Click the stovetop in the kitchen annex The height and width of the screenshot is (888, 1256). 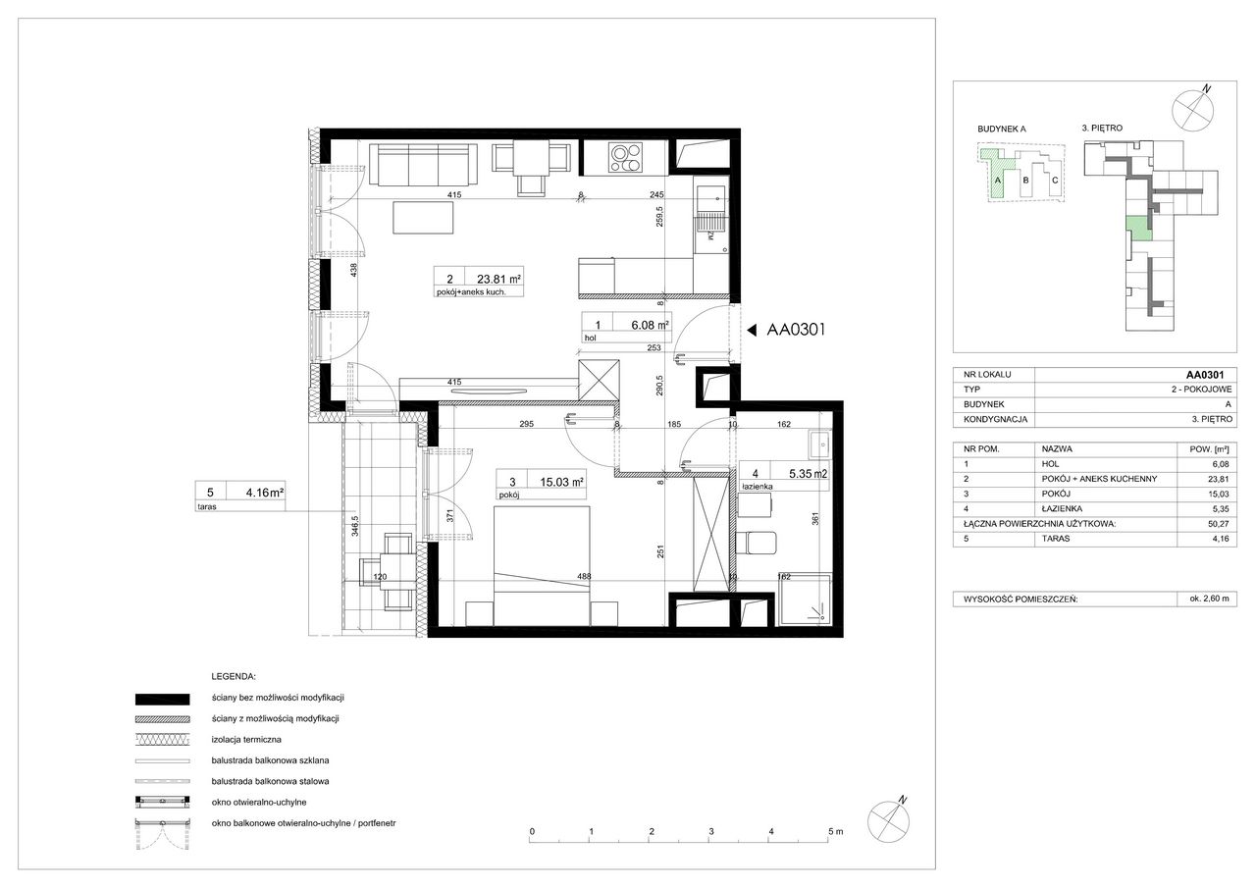[x=626, y=158]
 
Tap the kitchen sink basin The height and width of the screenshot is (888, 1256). [x=710, y=199]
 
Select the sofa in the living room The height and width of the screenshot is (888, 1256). [x=423, y=164]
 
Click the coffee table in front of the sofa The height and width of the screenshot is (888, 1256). [x=423, y=218]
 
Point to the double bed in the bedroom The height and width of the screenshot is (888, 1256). [x=542, y=565]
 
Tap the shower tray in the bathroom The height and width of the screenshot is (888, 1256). [x=805, y=599]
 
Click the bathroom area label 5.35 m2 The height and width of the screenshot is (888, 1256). [x=808, y=474]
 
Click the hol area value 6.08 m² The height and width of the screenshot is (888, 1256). [x=650, y=325]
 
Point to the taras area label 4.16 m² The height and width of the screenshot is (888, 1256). [x=265, y=493]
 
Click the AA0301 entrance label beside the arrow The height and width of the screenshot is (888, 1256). [x=796, y=330]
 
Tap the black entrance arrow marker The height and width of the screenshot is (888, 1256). [x=752, y=331]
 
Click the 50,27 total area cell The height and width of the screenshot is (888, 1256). [x=1220, y=524]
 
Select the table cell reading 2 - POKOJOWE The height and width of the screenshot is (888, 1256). [x=1202, y=390]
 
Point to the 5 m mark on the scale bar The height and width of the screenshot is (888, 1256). [x=835, y=832]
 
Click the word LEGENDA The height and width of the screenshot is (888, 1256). [x=234, y=677]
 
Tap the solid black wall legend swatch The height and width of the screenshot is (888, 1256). [x=163, y=699]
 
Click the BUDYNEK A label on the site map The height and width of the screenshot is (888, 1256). [x=1002, y=129]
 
